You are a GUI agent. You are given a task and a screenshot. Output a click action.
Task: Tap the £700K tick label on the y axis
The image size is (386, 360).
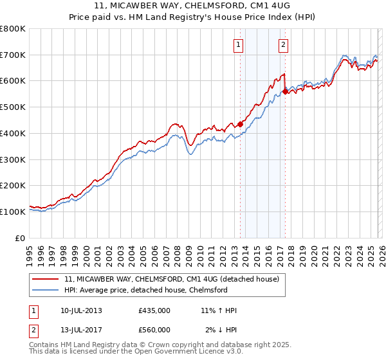[13, 55]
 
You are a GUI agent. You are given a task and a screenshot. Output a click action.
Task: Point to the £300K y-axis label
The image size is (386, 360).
[13, 159]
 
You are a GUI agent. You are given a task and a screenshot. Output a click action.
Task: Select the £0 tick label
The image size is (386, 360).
[20, 238]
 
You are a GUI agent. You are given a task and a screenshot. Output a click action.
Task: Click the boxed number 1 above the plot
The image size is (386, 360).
[239, 44]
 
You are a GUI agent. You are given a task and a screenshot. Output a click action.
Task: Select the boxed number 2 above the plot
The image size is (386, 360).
[283, 44]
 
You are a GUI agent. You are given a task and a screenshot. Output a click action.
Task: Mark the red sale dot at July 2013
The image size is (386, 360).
[240, 124]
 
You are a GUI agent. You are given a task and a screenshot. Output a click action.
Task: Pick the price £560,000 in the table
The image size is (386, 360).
[154, 330]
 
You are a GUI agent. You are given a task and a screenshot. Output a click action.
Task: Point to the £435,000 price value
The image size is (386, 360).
[154, 310]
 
